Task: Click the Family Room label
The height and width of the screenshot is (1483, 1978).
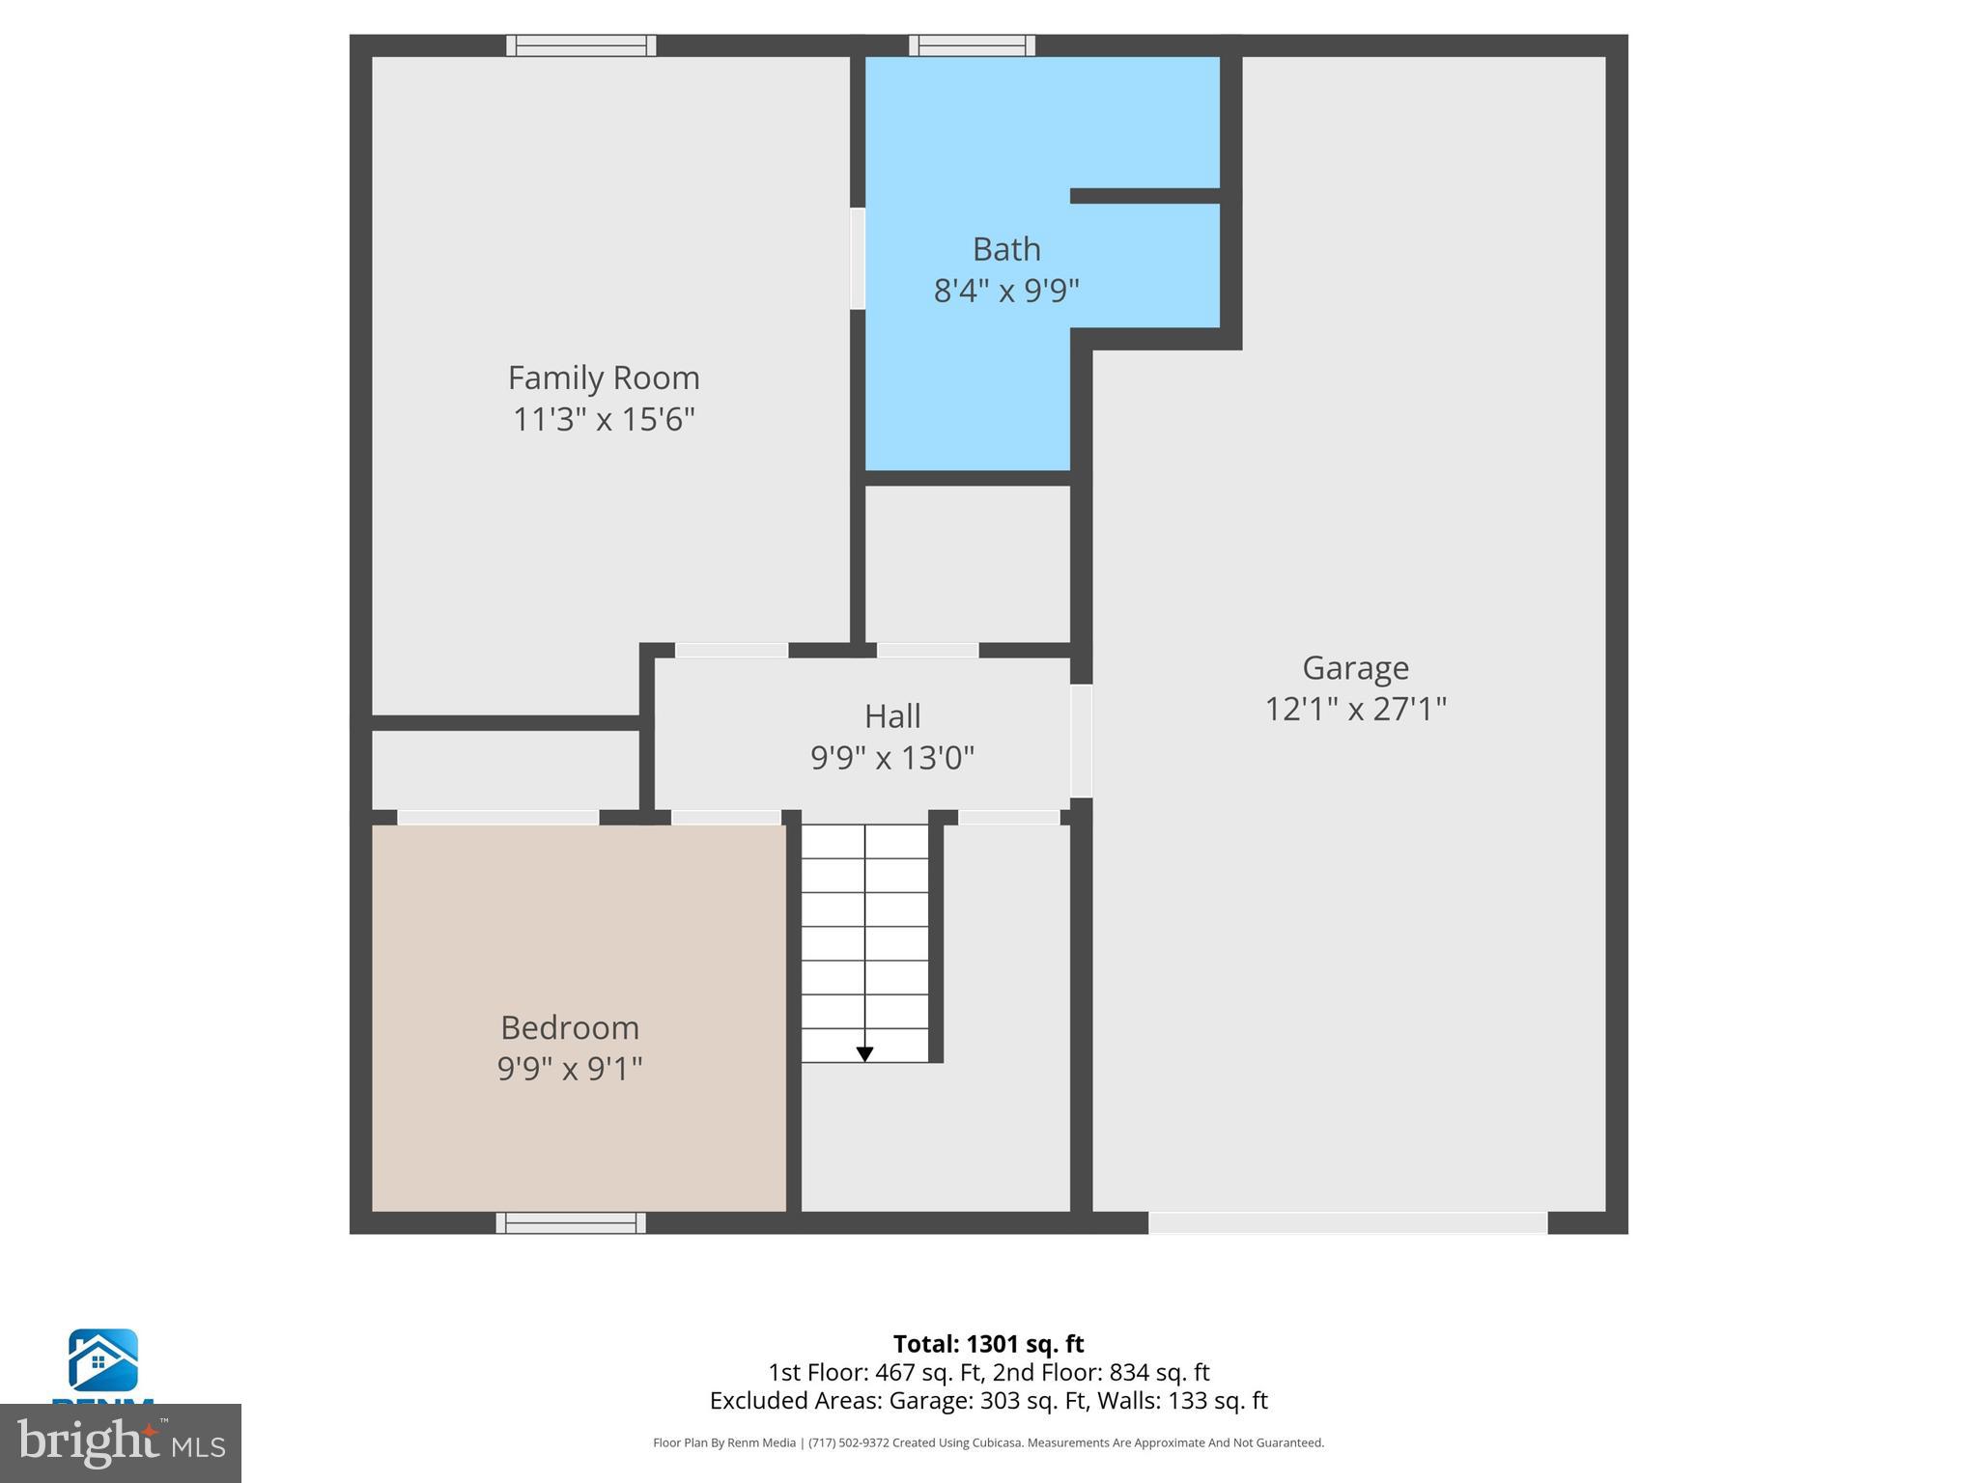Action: (604, 378)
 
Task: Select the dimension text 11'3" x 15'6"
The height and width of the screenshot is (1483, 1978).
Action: (604, 419)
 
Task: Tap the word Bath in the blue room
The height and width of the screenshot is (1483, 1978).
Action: (1006, 249)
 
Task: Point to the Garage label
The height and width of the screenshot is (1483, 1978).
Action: (1355, 667)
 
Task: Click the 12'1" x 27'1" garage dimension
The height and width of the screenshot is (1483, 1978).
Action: (1355, 709)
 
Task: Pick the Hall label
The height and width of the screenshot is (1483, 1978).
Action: (892, 715)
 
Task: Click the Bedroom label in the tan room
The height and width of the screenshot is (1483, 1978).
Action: (570, 1026)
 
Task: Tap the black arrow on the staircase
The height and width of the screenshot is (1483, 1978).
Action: (864, 1053)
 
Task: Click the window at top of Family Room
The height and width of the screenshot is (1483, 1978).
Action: (581, 45)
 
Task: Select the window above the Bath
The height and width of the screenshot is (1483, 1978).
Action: (972, 45)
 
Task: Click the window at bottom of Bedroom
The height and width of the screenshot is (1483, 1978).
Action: (571, 1222)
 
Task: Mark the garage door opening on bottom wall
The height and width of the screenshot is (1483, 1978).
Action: (1347, 1222)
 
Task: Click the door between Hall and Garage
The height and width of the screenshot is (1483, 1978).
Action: (1081, 741)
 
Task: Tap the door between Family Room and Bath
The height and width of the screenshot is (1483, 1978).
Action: (858, 258)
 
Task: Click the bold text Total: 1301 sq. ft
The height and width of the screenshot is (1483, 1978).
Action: (988, 1344)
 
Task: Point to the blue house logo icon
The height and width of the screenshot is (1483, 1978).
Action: (102, 1359)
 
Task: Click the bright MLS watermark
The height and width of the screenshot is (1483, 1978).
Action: (121, 1442)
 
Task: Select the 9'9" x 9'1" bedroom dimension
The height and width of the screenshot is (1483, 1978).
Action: (570, 1068)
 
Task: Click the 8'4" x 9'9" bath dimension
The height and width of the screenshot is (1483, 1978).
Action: (1006, 290)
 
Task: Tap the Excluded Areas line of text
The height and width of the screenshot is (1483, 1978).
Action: (988, 1400)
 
